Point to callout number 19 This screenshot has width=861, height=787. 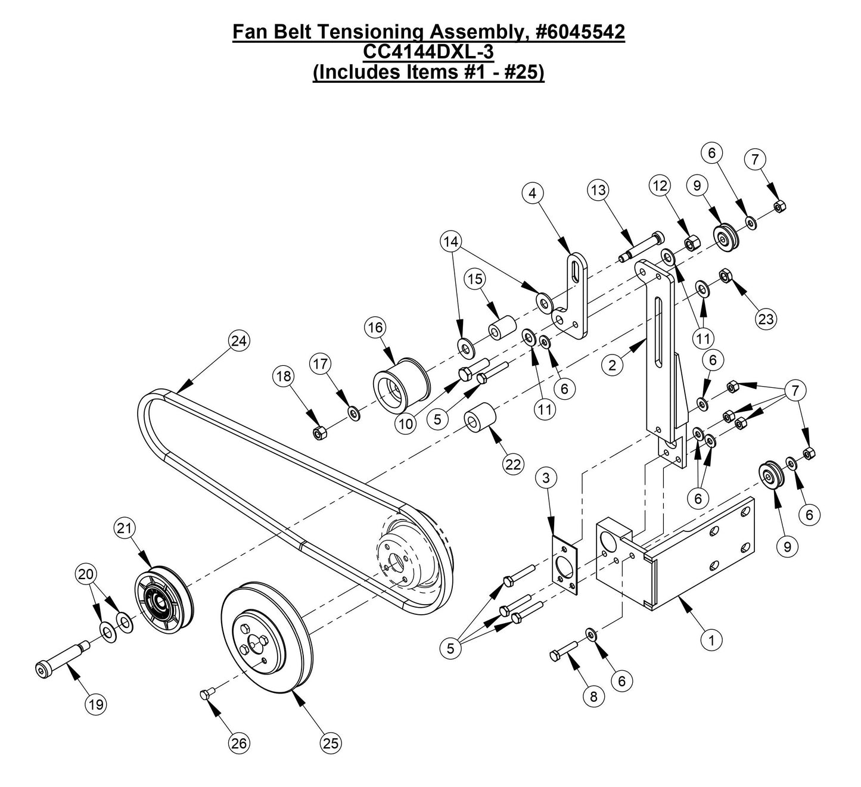[x=96, y=704]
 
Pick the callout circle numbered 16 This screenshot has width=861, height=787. [x=376, y=328]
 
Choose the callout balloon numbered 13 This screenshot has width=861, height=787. [x=599, y=190]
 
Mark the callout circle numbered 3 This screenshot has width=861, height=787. [x=546, y=478]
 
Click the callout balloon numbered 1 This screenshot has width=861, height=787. [x=711, y=640]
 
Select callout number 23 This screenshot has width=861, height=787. [x=766, y=319]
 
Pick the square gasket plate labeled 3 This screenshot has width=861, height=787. [x=563, y=563]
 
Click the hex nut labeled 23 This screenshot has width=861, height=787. [x=725, y=275]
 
